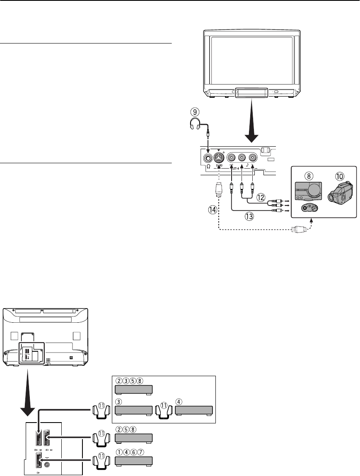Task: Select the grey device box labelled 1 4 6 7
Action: pyautogui.click(x=134, y=461)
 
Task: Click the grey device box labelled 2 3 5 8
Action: pyautogui.click(x=134, y=389)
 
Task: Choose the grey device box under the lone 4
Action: pyautogui.click(x=194, y=411)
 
